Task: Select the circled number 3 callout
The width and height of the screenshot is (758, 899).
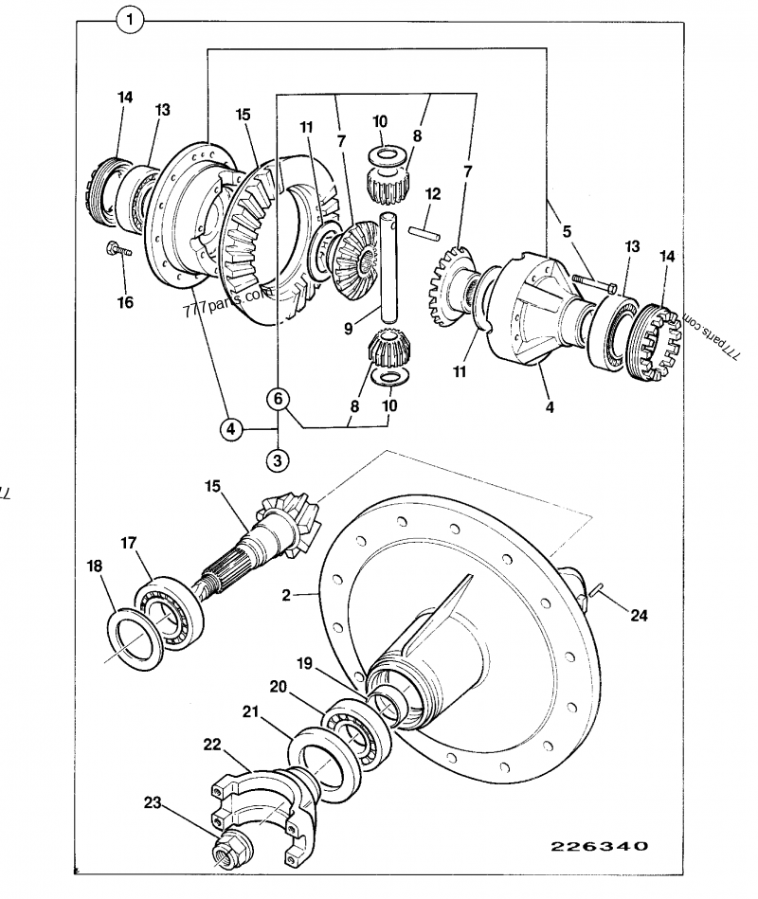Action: click(x=278, y=461)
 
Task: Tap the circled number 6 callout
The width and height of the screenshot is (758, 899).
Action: click(x=278, y=399)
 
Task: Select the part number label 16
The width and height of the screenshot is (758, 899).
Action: click(x=125, y=302)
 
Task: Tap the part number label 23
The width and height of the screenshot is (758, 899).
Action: click(x=153, y=802)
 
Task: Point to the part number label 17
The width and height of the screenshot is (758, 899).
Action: click(x=129, y=544)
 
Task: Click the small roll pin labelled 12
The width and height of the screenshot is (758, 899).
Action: click(x=422, y=229)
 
